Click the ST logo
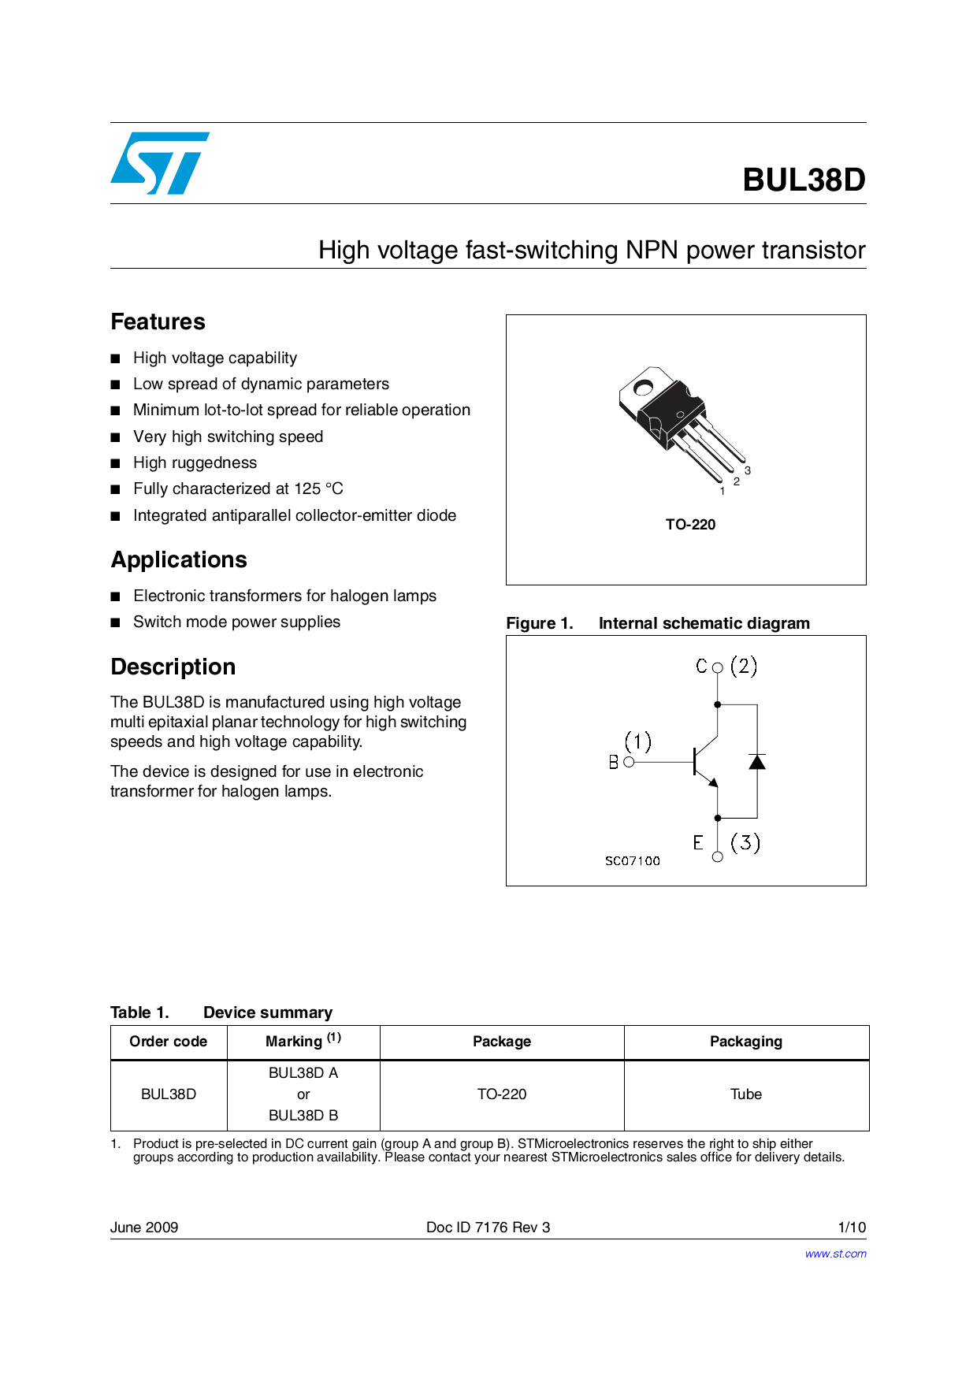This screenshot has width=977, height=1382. pos(160,163)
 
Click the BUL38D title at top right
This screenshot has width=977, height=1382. pos(804,180)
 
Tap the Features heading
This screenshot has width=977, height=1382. pos(158,321)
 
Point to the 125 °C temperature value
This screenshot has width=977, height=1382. pos(318,489)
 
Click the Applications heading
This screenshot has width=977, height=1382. pos(179,559)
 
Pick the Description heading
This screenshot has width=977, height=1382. pos(173,667)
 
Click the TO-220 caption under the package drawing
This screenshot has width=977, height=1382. pos(690,525)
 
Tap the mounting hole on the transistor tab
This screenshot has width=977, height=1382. pos(643,388)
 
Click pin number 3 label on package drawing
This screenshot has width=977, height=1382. pos(748,470)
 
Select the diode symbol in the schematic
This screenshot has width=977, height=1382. pos(757,762)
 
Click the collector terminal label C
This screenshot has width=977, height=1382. pos(701,667)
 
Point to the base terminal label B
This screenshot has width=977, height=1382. pos(614,763)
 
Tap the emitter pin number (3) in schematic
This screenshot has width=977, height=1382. pos(745,843)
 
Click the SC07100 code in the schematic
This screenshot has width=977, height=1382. pos(633,861)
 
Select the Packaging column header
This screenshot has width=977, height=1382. pos(746,1042)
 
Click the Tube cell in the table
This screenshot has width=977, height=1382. pos(746,1094)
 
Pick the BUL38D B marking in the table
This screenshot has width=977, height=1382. pos(303,1116)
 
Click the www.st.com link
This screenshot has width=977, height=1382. pos(835,1254)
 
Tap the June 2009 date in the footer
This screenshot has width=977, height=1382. pos(144,1228)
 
